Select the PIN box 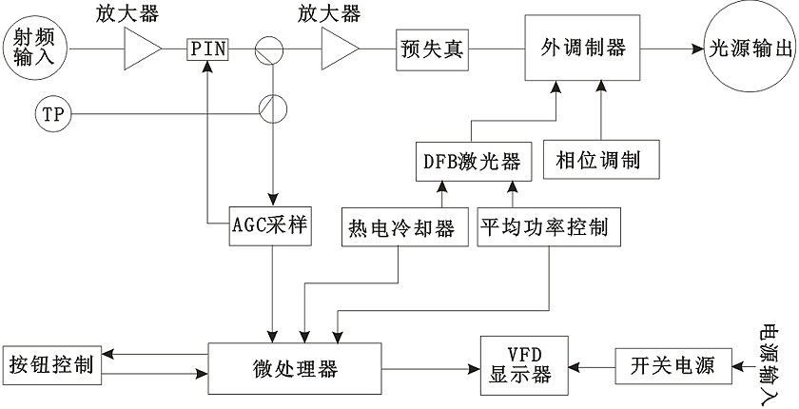tap(207, 47)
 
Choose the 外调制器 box tap(583, 48)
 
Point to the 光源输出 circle tap(747, 48)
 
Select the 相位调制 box tap(591, 156)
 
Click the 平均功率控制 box tap(548, 227)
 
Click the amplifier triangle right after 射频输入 tap(142, 46)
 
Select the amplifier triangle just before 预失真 tap(340, 46)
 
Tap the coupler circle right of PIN tap(271, 46)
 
